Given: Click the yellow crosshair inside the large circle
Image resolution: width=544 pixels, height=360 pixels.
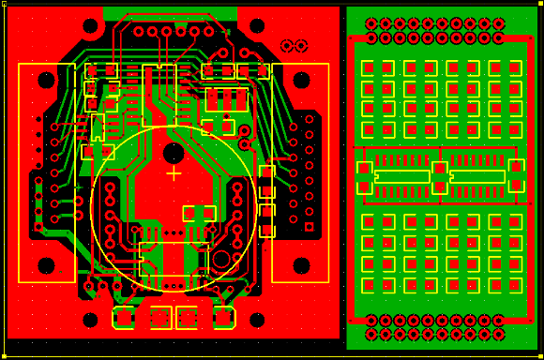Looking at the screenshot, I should [174, 173].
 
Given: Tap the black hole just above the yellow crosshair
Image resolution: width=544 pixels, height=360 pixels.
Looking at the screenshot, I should [174, 152].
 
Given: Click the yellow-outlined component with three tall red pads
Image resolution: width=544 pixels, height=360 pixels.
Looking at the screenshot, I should [229, 98].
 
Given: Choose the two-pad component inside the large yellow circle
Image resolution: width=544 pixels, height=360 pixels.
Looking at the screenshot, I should [199, 213].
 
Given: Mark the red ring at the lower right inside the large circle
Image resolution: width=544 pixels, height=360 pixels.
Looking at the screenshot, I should [221, 259].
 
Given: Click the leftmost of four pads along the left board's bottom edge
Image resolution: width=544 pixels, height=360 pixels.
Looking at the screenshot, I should [123, 318].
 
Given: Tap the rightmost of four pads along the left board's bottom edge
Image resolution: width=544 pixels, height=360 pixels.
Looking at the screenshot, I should [224, 318].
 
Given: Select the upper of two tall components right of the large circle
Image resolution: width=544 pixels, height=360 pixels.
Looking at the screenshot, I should [266, 182].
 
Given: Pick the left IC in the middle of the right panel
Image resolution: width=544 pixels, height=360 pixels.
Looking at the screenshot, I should [401, 176].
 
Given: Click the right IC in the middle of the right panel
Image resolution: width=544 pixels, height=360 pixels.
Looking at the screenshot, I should [477, 176].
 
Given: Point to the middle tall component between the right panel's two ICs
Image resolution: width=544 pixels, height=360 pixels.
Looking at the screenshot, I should [439, 177].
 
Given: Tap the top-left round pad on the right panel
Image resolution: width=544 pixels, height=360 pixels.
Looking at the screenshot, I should [371, 23].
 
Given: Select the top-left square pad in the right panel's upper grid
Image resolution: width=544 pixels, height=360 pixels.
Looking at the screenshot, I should [368, 68].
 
